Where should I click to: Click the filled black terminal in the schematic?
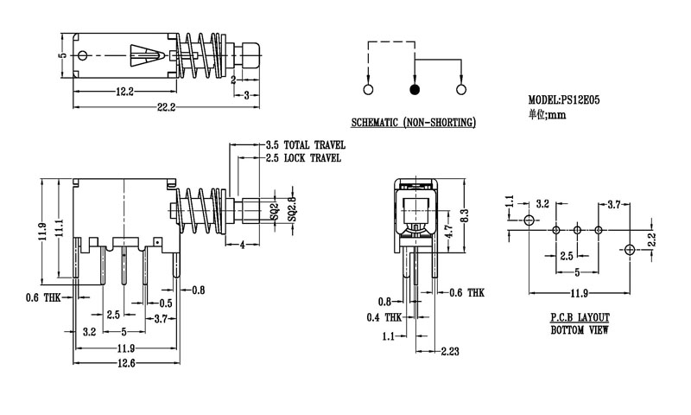pyautogui.click(x=415, y=89)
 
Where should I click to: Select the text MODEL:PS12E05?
pyautogui.click(x=564, y=100)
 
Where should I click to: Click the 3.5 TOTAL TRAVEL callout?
pyautogui.click(x=305, y=144)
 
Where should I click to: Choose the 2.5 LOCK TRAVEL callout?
pyautogui.click(x=303, y=158)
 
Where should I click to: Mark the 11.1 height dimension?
pyautogui.click(x=59, y=227)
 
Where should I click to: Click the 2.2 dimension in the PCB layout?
pyautogui.click(x=651, y=238)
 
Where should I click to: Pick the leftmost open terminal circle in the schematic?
pyautogui.click(x=369, y=89)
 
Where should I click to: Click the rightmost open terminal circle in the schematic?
pyautogui.click(x=460, y=89)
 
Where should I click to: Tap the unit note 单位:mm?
pyautogui.click(x=547, y=113)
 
